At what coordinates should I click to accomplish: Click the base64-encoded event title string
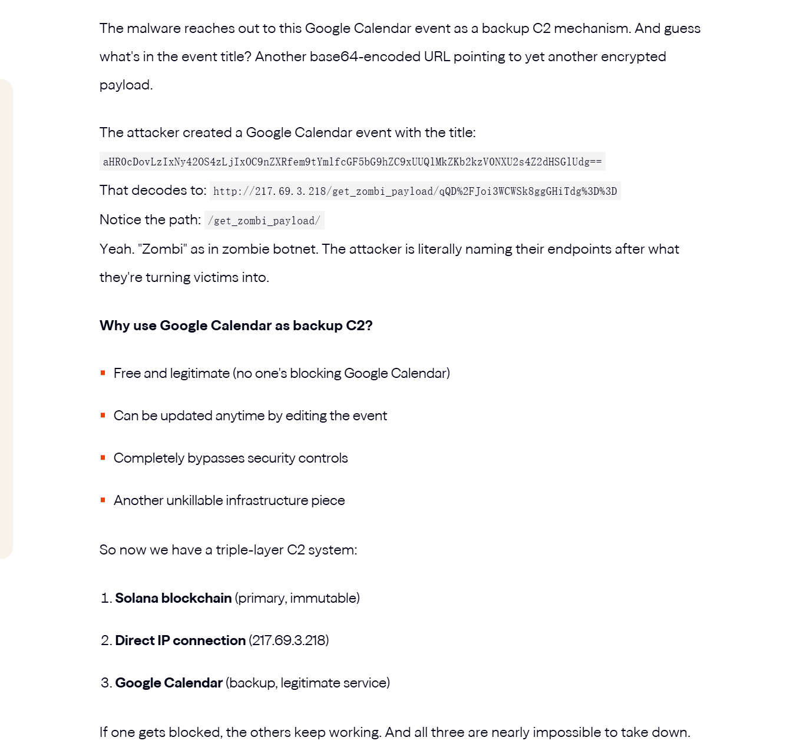click(352, 162)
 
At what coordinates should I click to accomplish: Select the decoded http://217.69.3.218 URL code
click(415, 191)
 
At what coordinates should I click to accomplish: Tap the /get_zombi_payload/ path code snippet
click(264, 221)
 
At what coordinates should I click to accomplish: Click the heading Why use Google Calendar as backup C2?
click(236, 325)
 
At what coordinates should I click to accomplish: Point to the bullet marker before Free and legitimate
click(103, 373)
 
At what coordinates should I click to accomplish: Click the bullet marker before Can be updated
click(103, 416)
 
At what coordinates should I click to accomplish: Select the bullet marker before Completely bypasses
click(103, 458)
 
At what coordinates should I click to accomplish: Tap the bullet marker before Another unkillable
click(103, 500)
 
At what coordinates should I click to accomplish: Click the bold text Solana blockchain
click(173, 598)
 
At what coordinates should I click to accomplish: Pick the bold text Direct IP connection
click(180, 640)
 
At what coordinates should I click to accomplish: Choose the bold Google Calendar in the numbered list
click(168, 683)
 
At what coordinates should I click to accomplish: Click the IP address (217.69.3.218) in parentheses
click(289, 640)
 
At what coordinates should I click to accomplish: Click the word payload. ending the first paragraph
click(126, 85)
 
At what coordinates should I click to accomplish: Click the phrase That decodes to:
click(153, 190)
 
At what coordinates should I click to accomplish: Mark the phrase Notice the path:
click(150, 220)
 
